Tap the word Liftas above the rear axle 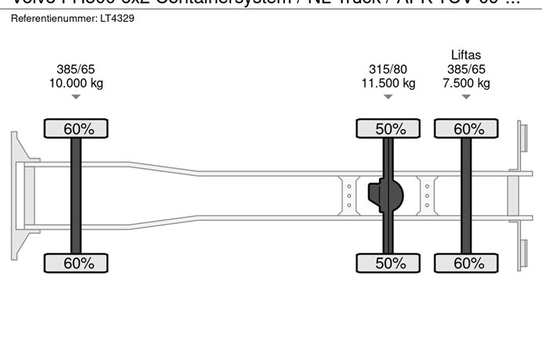click(466, 55)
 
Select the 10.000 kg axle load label click(76, 83)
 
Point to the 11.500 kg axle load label click(388, 83)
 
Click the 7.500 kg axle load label click(467, 83)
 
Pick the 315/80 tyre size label click(388, 69)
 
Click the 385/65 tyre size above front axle click(76, 69)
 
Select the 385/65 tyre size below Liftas click(467, 69)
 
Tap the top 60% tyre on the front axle click(76, 129)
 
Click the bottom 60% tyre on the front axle click(76, 263)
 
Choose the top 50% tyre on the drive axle click(389, 129)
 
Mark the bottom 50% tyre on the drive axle click(389, 263)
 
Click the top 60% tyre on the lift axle click(468, 129)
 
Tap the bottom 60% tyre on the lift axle click(468, 263)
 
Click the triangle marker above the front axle click(76, 97)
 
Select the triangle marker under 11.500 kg click(388, 97)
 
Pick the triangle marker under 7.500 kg click(467, 97)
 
